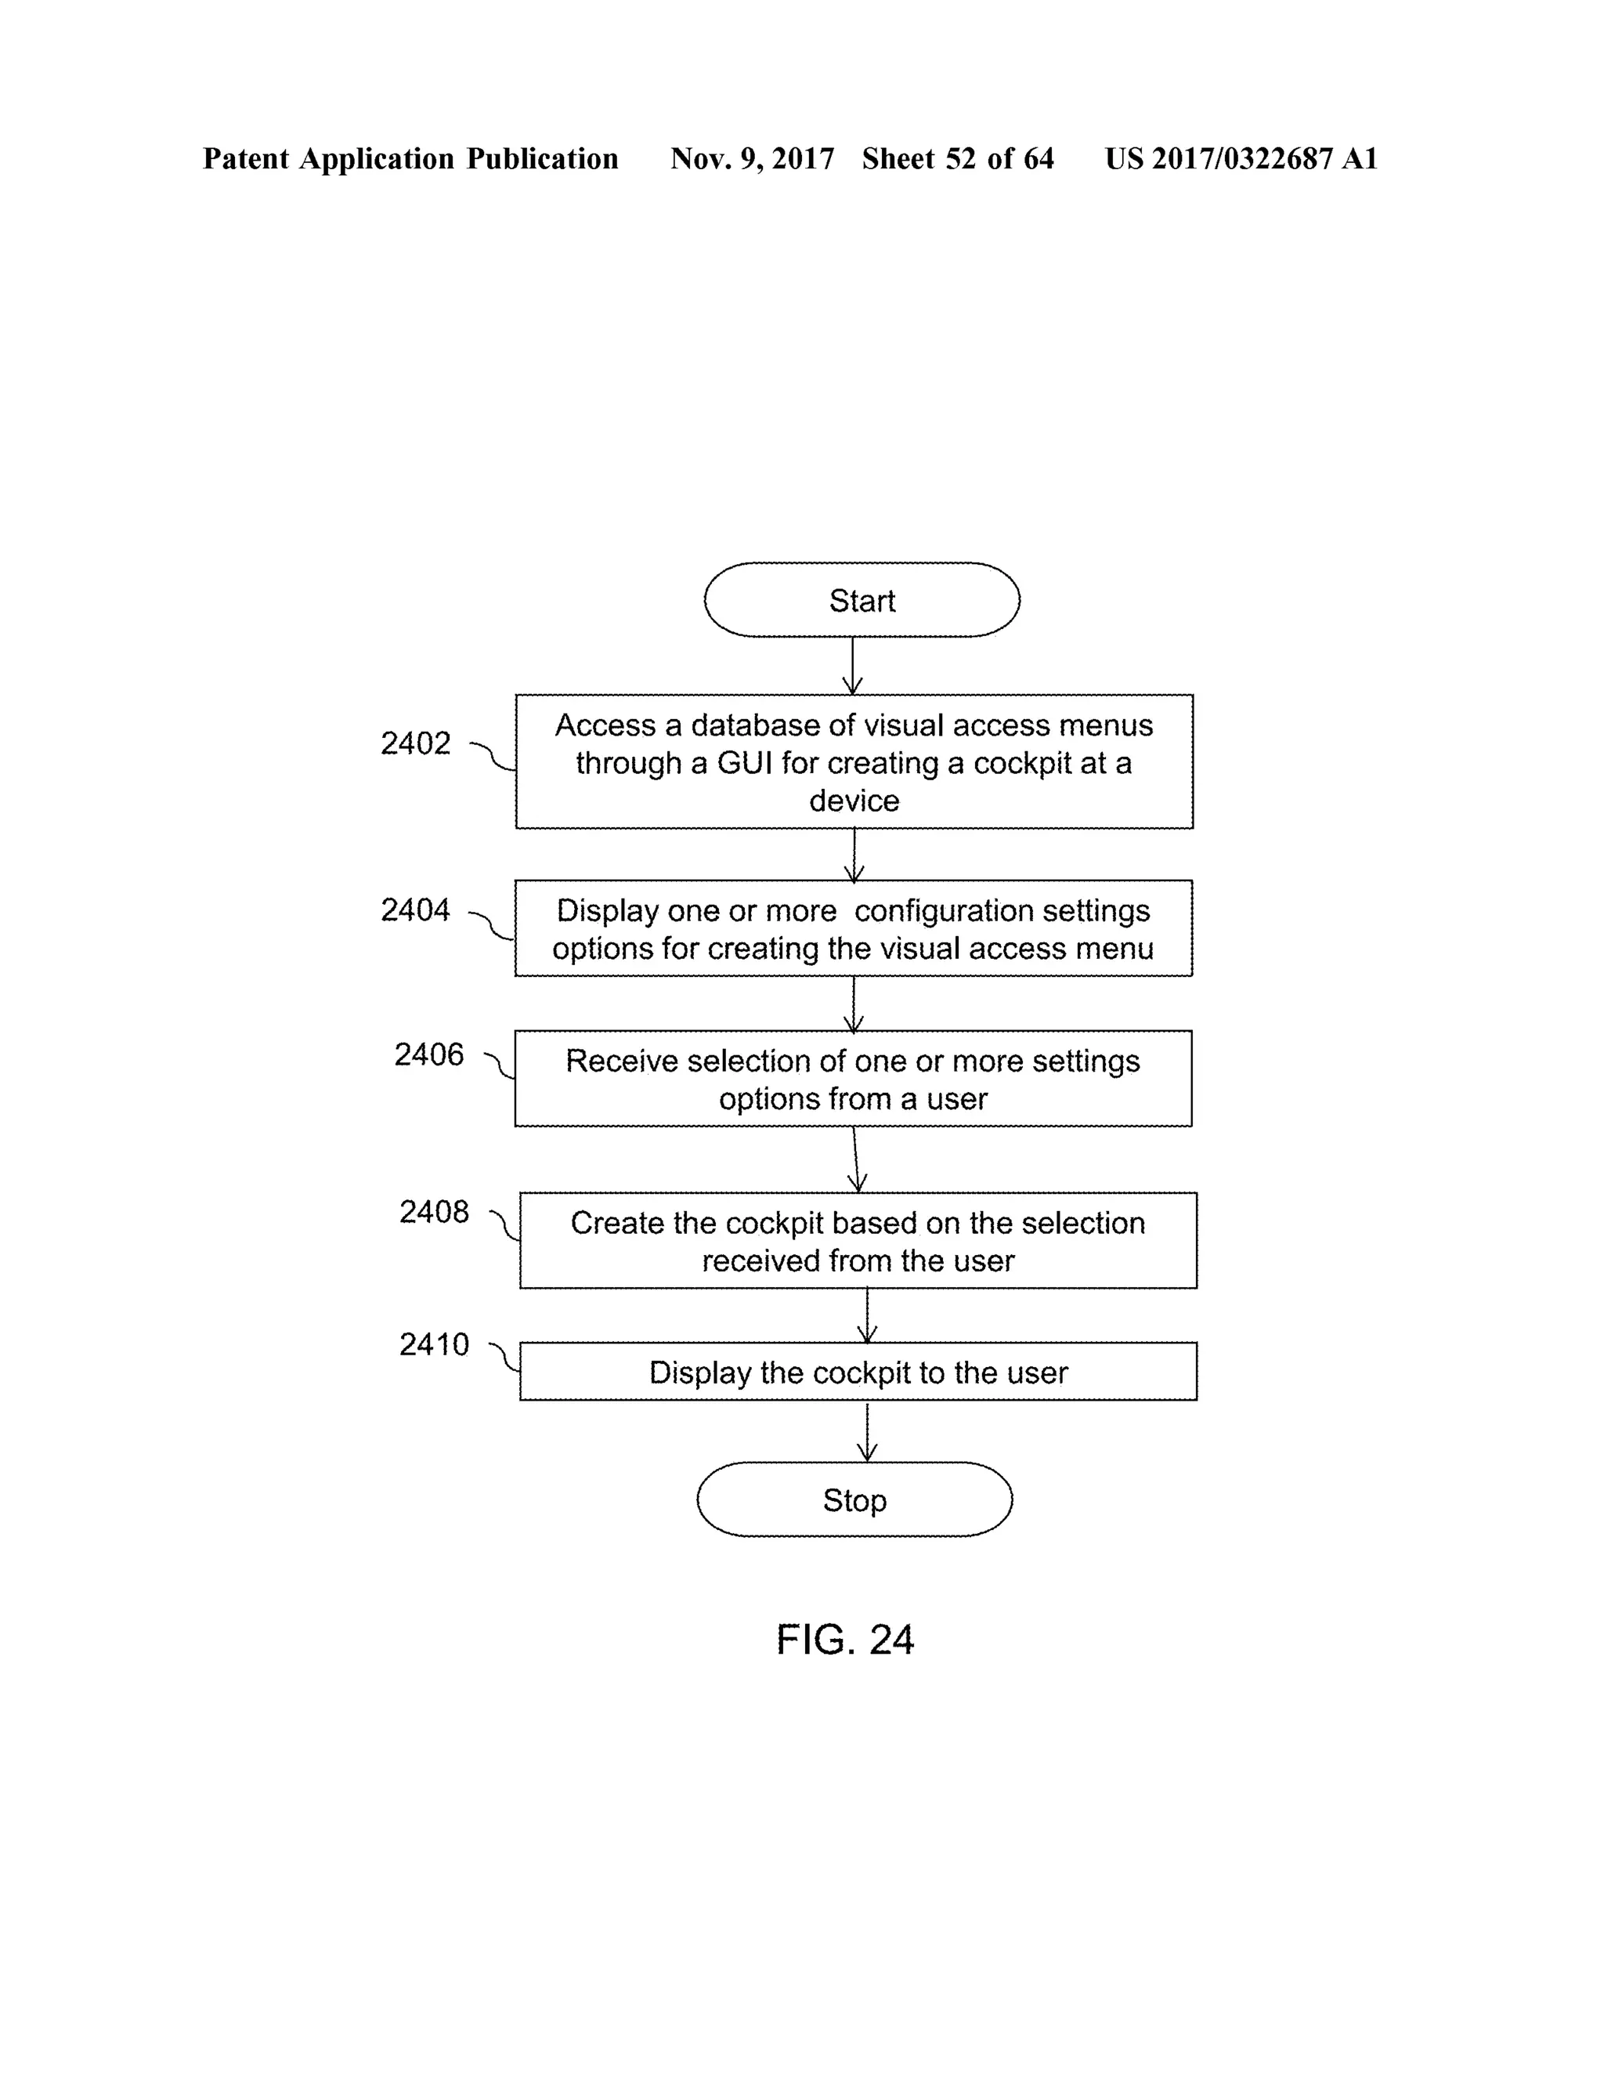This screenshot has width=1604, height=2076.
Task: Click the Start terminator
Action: (x=861, y=600)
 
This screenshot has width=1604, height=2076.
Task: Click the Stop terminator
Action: (x=854, y=1500)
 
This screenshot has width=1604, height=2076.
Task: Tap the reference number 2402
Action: (x=415, y=743)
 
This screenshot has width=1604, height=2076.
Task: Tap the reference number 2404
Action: (x=415, y=910)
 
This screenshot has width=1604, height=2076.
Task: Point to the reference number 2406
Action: (x=428, y=1054)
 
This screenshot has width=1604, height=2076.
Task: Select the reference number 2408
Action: (x=433, y=1212)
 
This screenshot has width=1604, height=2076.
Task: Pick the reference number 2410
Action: (x=433, y=1344)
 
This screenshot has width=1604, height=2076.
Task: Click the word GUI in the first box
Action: (x=745, y=763)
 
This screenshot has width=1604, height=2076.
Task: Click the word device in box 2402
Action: (x=854, y=801)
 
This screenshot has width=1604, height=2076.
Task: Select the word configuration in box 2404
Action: (x=930, y=910)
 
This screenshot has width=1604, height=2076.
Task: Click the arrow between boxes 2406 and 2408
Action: (x=855, y=1159)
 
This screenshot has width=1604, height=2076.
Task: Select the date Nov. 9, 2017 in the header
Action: (x=752, y=159)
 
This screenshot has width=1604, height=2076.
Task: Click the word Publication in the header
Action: (x=542, y=159)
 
